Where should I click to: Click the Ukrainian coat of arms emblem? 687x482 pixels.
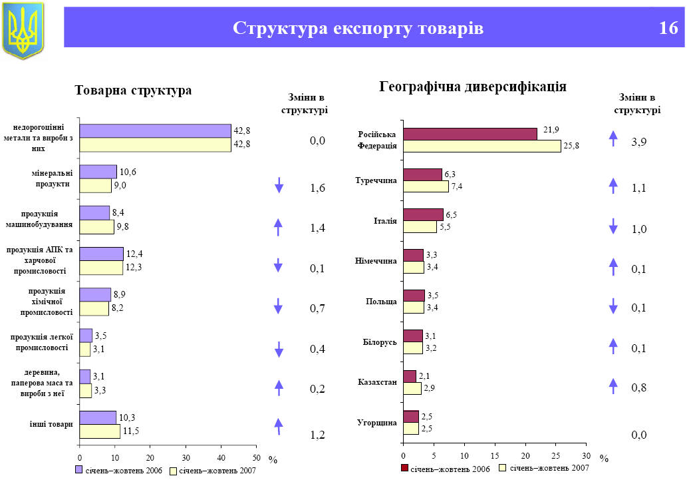23,29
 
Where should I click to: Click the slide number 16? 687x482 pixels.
668,29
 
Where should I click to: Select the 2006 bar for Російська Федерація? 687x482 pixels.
470,134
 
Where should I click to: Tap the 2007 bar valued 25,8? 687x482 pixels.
481,146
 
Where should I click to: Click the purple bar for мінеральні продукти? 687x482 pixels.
98,172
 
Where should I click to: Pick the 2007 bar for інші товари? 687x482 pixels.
100,431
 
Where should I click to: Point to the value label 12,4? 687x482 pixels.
134,254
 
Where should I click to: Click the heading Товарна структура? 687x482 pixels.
133,90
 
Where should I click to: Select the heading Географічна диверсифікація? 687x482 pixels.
472,87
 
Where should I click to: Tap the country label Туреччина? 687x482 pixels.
376,180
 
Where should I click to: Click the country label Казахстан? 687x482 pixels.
377,382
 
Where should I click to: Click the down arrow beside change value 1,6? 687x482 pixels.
279,186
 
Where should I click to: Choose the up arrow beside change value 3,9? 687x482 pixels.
613,138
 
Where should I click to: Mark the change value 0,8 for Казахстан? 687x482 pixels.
638,387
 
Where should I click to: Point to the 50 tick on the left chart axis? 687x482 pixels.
256,457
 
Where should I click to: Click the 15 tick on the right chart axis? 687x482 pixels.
495,455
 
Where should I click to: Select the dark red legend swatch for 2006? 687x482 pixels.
404,469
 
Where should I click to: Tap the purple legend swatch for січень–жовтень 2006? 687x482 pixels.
79,470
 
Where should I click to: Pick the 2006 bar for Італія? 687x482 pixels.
423,214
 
